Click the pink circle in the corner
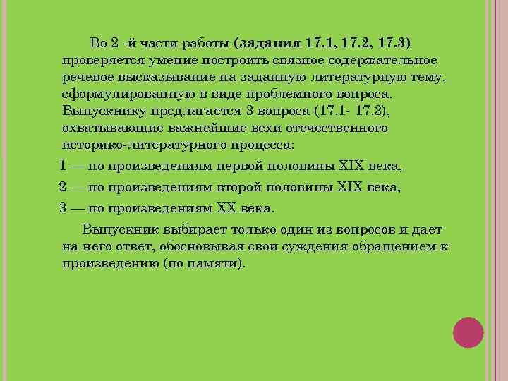(468, 332)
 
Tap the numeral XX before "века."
(224, 208)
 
